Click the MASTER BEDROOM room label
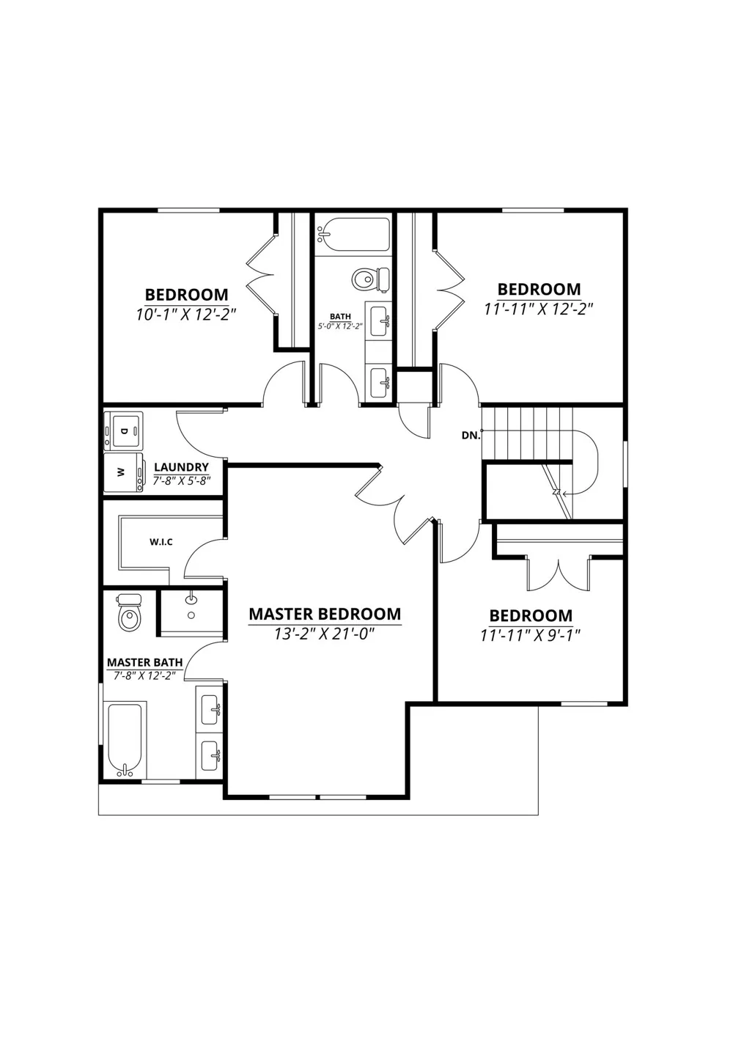pyautogui.click(x=325, y=614)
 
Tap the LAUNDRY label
pyautogui.click(x=181, y=467)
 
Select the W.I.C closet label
pyautogui.click(x=161, y=542)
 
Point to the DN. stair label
pyautogui.click(x=471, y=436)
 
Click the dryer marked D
pyautogui.click(x=124, y=431)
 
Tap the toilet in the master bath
pyautogui.click(x=129, y=612)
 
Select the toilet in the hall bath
pyautogui.click(x=371, y=279)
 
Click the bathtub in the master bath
pyautogui.click(x=125, y=739)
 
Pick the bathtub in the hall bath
pyautogui.click(x=353, y=235)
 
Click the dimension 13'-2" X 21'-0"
pyautogui.click(x=324, y=634)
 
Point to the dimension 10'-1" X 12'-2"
pyautogui.click(x=186, y=315)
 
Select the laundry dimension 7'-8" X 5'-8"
pyautogui.click(x=181, y=480)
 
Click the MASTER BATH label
pyautogui.click(x=145, y=662)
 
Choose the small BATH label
pyautogui.click(x=340, y=316)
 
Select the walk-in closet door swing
pyautogui.click(x=204, y=558)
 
